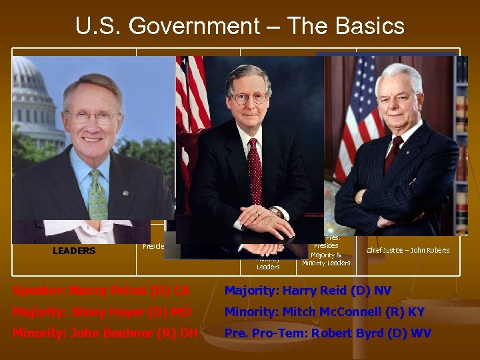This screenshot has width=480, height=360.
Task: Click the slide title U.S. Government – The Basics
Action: [x=240, y=26]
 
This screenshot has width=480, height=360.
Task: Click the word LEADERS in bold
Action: [x=74, y=251]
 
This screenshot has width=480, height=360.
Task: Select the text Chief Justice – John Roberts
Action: [x=408, y=251]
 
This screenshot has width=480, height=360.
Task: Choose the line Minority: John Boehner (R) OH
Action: [x=105, y=333]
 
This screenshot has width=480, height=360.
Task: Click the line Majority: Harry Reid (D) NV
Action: [x=308, y=291]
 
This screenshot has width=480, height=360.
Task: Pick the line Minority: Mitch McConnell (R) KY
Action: [x=324, y=312]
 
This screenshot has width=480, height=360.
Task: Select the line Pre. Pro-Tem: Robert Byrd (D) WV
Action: [x=327, y=333]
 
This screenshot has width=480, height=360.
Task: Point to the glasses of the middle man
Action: [x=249, y=98]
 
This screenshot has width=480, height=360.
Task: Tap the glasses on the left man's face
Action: [x=93, y=117]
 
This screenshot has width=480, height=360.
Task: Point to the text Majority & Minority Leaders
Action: [x=326, y=259]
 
